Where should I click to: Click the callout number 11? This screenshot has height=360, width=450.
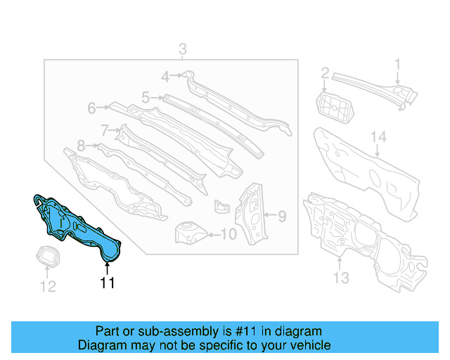[x=107, y=283]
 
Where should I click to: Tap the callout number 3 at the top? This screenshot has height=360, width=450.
[x=182, y=49]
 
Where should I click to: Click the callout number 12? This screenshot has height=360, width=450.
[x=46, y=286]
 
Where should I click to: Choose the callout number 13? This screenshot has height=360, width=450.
[x=340, y=278]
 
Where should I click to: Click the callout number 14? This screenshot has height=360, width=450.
[x=378, y=136]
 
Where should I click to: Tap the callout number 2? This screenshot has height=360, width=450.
[x=325, y=72]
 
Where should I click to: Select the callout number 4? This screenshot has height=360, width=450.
[x=165, y=77]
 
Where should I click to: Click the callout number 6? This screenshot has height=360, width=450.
[x=91, y=108]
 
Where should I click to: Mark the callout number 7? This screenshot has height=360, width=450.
[x=104, y=129]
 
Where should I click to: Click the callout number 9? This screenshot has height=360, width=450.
[x=281, y=216]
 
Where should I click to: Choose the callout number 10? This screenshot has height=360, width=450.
[x=229, y=234]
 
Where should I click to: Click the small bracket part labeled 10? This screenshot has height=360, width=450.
[x=189, y=231]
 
